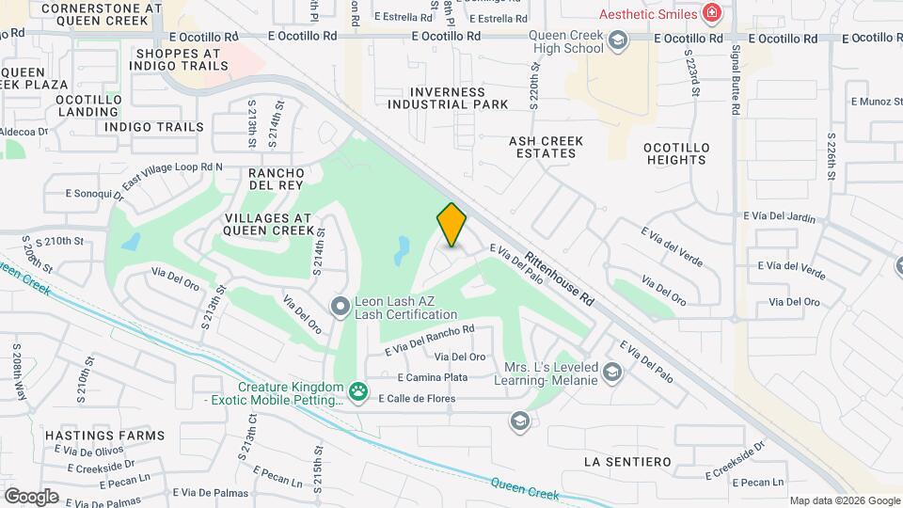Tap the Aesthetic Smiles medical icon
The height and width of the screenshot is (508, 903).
point(712,13)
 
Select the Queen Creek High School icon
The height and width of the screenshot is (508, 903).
point(617,40)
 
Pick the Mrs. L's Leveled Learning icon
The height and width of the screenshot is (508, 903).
point(613,373)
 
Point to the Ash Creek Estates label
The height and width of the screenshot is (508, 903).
point(546,147)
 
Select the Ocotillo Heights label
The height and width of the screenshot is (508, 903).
point(675,153)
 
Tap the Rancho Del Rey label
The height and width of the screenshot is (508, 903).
point(276,179)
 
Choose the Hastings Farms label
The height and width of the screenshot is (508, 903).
point(104,436)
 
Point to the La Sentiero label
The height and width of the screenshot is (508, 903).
point(626,462)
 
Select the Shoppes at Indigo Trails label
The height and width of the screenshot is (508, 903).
point(181,59)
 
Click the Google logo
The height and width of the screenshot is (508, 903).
point(31,496)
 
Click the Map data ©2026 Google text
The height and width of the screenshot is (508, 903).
point(844,500)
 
